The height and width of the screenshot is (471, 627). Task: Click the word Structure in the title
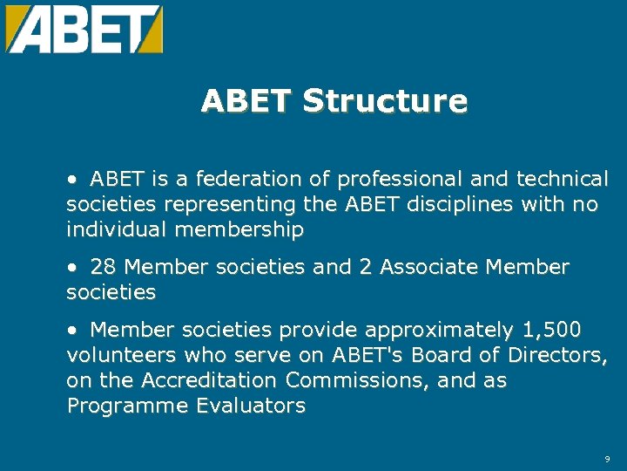pos(385,101)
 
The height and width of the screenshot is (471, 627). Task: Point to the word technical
pos(563,180)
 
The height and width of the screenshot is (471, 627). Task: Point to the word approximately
pos(440,331)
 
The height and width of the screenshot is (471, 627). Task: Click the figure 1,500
pos(552,331)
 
